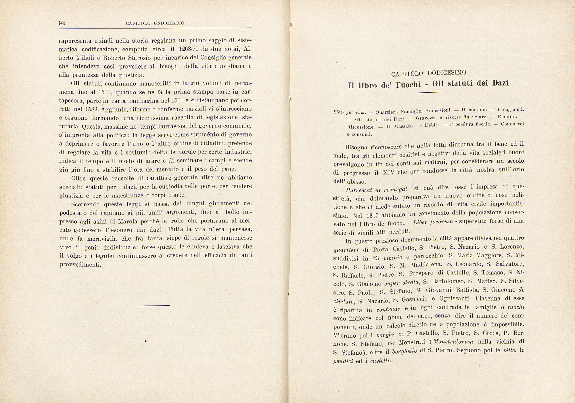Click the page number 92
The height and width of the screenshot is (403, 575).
click(x=62, y=23)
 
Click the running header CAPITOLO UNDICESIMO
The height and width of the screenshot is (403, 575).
click(x=155, y=23)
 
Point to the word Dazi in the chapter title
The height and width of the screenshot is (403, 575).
click(x=501, y=83)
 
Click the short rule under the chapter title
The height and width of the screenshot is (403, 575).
click(x=428, y=92)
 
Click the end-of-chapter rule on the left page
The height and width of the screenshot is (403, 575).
click(x=154, y=305)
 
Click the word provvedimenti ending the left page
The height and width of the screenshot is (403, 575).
click(x=80, y=265)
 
